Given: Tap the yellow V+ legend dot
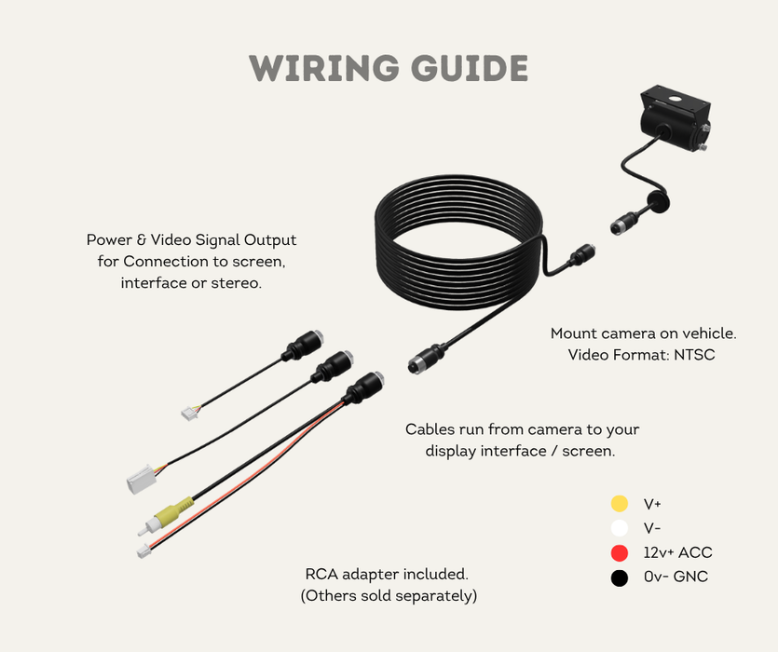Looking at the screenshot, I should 619,504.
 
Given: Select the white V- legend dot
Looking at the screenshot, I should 619,528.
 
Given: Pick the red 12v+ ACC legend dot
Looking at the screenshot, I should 619,552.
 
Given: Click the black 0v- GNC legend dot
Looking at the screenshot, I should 619,577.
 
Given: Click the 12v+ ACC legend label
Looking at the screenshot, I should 677,552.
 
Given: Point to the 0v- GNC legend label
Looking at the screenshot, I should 676,577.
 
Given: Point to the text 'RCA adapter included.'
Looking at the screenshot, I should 388,574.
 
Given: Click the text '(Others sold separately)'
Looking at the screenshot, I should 388,596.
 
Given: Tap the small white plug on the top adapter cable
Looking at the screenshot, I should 189,411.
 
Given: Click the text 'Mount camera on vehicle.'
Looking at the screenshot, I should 649,333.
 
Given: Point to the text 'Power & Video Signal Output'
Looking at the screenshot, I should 191,240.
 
